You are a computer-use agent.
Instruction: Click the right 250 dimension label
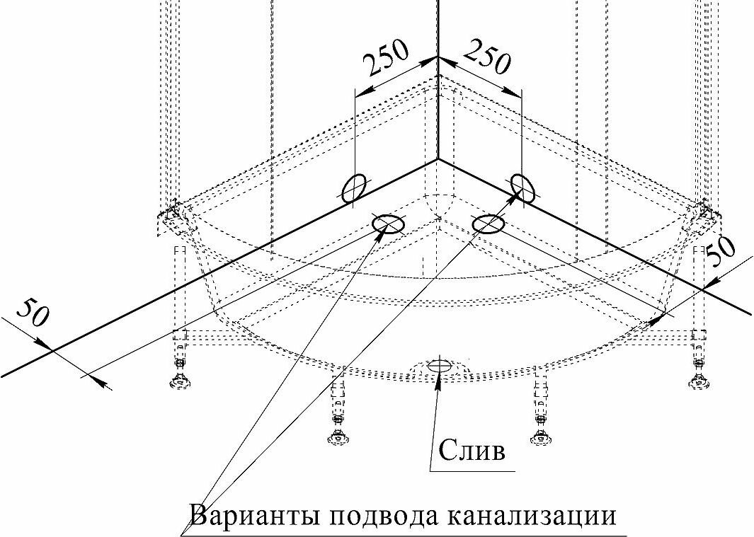[x=487, y=58]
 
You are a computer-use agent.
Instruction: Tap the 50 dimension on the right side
[x=721, y=252]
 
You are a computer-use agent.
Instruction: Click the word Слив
[x=473, y=450]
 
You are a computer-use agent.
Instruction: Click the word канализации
[x=530, y=514]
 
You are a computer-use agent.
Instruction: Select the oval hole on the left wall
[x=355, y=189]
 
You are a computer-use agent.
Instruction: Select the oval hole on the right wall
[x=523, y=187]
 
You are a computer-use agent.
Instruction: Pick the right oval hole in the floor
[x=488, y=224]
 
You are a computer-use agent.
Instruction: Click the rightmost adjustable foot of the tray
[x=699, y=381]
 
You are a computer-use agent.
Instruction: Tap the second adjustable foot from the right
[x=542, y=436]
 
